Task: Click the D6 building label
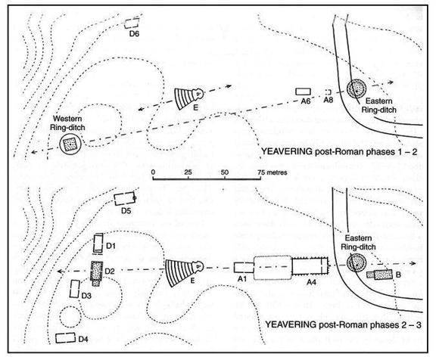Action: pyautogui.click(x=134, y=34)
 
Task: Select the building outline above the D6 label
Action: pyautogui.click(x=132, y=23)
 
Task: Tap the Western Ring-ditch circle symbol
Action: pyautogui.click(x=70, y=144)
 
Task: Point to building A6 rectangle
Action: pyautogui.click(x=303, y=92)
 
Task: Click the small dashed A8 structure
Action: pyautogui.click(x=329, y=92)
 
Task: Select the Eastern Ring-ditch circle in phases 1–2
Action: pyautogui.click(x=357, y=89)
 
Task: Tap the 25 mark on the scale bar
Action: pyautogui.click(x=188, y=172)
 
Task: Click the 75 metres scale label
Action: pyautogui.click(x=272, y=172)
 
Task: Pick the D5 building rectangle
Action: pyautogui.click(x=125, y=198)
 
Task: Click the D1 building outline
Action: pyautogui.click(x=98, y=244)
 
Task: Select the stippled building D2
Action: pyautogui.click(x=96, y=273)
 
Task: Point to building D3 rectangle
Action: pyautogui.click(x=74, y=289)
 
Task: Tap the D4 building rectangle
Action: pyautogui.click(x=66, y=338)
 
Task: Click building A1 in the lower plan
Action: pyautogui.click(x=244, y=267)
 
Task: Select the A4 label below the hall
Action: pyautogui.click(x=311, y=282)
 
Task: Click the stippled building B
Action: pyautogui.click(x=379, y=275)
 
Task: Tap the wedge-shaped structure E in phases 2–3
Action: pyautogui.click(x=184, y=272)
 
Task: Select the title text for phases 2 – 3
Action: pyautogui.click(x=343, y=324)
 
